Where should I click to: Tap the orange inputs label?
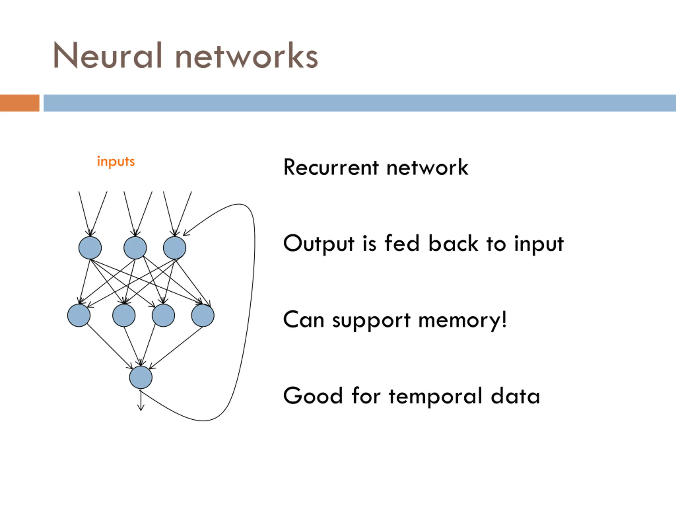point(116,161)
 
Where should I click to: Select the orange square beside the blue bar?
point(20,103)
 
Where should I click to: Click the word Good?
point(313,396)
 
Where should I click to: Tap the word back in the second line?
point(453,243)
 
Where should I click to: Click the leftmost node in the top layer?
point(90,247)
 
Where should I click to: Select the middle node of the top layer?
point(135,247)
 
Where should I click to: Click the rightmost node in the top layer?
point(175,247)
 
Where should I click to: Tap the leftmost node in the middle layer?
point(79,315)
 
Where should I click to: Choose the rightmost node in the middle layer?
point(203,315)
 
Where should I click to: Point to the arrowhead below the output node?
point(140,408)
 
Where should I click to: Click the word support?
point(371,321)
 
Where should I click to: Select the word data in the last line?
point(515,396)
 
